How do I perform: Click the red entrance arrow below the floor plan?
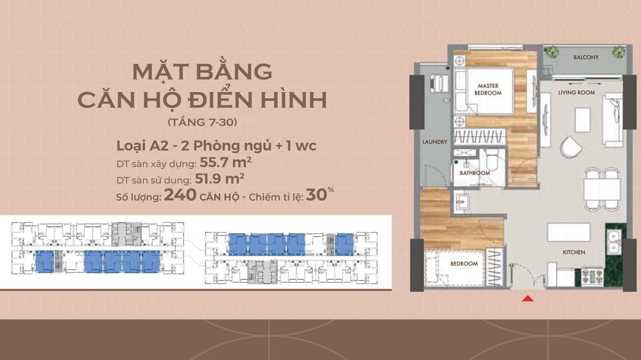[528, 299]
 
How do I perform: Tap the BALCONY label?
[586, 57]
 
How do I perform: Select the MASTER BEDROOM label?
[488, 89]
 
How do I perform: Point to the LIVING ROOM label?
[576, 92]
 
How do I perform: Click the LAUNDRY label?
[435, 142]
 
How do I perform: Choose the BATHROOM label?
[475, 173]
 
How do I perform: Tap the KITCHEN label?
[574, 252]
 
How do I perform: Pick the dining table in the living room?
[602, 189]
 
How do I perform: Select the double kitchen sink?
[613, 241]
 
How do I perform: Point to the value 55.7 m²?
[225, 162]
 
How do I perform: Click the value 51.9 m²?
[220, 178]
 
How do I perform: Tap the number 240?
[181, 195]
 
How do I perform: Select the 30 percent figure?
[319, 194]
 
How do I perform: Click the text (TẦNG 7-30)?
[202, 122]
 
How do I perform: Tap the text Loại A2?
[142, 146]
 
